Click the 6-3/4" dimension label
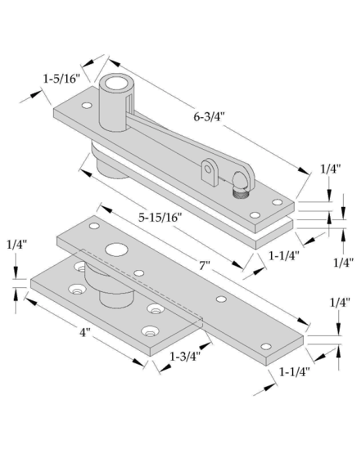tap(208, 117)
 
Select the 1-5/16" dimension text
tap(62, 78)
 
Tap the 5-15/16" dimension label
tap(160, 218)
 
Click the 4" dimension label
tap(85, 332)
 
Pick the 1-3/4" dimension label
tap(185, 357)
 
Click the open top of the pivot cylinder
tap(116, 83)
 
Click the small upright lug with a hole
tap(209, 173)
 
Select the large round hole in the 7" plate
tap(117, 249)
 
